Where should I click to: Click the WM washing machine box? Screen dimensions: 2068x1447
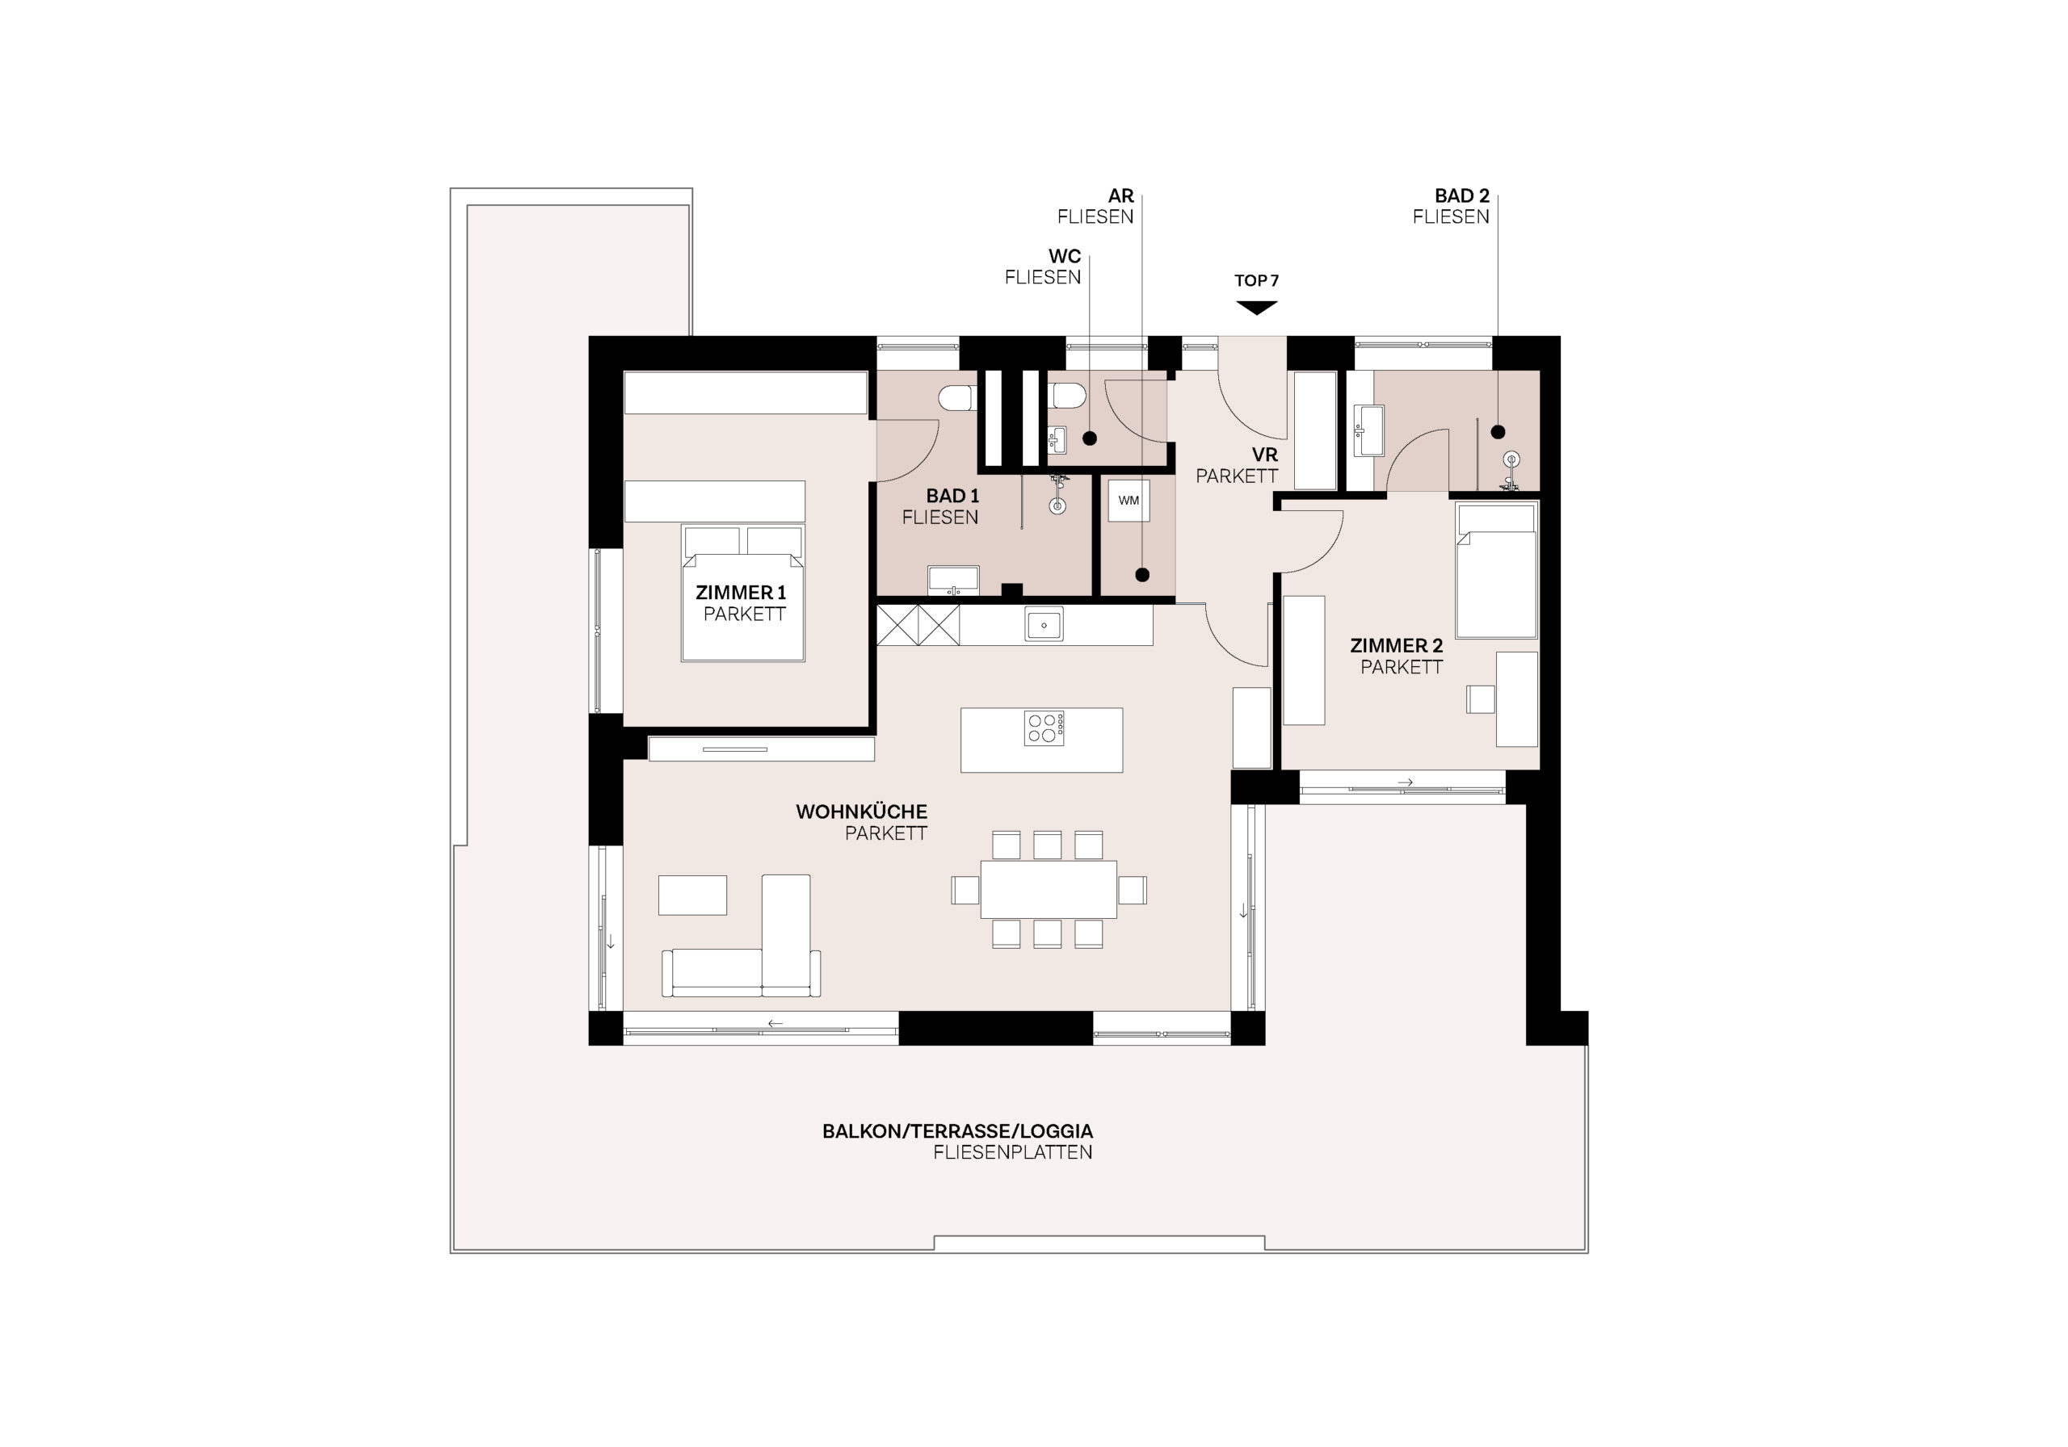coord(1129,501)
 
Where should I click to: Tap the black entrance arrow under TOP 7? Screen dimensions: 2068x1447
coord(1256,308)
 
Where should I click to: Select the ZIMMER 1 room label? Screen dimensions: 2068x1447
coord(741,593)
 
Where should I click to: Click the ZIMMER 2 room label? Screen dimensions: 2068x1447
coord(1396,646)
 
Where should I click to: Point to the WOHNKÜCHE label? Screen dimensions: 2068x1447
coord(861,812)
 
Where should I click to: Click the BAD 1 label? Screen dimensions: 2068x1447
coord(952,495)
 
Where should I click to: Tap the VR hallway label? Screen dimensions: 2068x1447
coord(1264,455)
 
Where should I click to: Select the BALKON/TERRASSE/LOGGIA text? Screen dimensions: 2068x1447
coord(957,1131)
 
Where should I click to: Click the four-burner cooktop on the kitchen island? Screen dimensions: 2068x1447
coord(1044,728)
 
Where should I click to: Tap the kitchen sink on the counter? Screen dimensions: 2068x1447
coord(1044,624)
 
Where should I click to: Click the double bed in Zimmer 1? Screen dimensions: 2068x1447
coord(743,593)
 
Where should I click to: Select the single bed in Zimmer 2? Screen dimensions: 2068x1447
coord(1496,570)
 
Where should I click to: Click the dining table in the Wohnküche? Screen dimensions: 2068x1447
coord(1049,889)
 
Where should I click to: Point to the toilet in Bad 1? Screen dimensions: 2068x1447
coord(957,397)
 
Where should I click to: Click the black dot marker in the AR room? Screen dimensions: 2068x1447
coord(1142,574)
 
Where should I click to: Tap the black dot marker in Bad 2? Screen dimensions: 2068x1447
coord(1498,432)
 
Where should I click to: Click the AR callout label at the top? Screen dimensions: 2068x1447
coord(1120,195)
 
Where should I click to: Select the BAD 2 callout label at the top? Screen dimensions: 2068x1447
coord(1462,195)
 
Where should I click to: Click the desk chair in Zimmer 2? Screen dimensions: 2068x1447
coord(1481,699)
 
